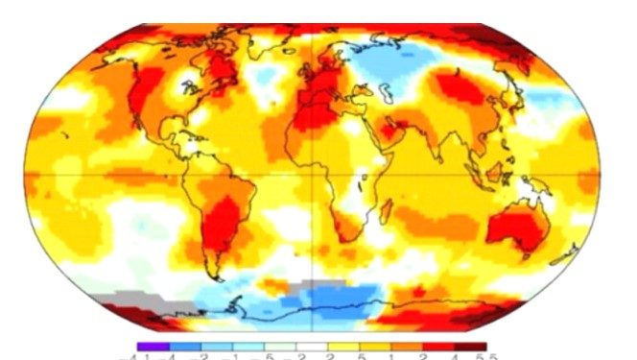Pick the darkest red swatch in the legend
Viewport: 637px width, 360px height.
coord(471,347)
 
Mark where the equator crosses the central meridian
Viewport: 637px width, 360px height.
coord(318,172)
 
